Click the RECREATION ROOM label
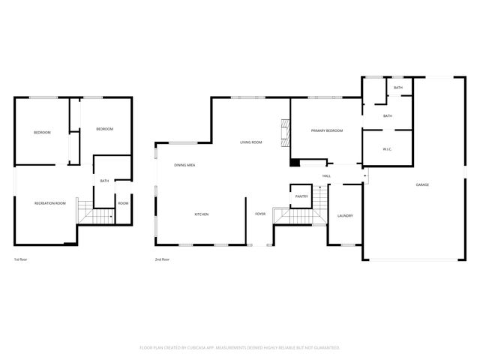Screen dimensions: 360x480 (50, 203)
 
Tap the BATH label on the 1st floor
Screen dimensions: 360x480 (104, 181)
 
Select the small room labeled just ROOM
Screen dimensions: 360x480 (123, 203)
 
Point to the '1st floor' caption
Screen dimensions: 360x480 (20, 259)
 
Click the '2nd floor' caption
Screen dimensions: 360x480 (162, 259)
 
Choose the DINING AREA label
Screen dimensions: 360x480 (184, 165)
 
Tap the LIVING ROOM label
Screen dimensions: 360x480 (250, 142)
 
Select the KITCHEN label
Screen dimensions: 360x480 (202, 214)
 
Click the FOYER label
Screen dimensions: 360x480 (260, 214)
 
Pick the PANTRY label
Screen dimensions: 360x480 (301, 196)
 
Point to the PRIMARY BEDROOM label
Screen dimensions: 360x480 (327, 131)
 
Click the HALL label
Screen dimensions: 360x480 (327, 176)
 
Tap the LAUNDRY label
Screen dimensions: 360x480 (345, 216)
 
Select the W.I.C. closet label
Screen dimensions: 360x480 (387, 149)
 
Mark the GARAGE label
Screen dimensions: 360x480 (422, 184)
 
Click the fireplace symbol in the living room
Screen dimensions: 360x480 (283, 132)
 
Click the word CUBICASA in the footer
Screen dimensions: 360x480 (198, 348)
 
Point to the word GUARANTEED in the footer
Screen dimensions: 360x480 (323, 348)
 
